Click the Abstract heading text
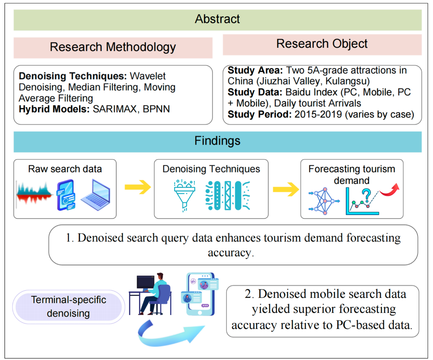tap(217, 19)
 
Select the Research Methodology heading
tap(113, 47)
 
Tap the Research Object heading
tap(322, 44)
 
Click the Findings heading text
tap(217, 141)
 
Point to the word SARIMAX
tap(114, 109)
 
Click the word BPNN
tap(156, 109)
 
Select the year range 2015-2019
tap(318, 114)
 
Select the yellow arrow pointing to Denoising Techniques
tap(138, 187)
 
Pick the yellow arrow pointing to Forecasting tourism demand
tap(286, 189)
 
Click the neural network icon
tap(324, 201)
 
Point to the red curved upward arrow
tap(390, 190)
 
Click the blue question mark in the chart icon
tap(366, 195)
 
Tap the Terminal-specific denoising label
tap(69, 306)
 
